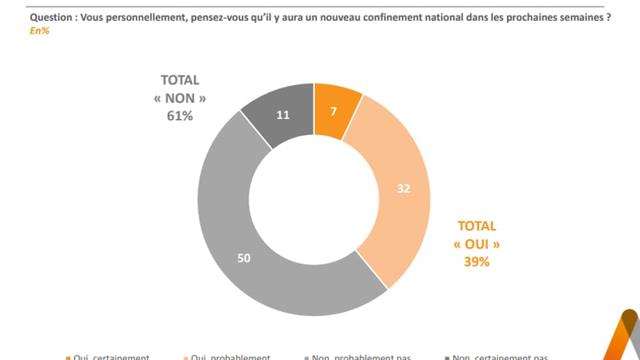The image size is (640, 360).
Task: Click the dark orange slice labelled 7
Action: click(x=336, y=110)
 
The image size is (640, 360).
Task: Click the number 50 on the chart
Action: click(x=244, y=258)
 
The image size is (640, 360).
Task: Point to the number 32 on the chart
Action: click(x=403, y=188)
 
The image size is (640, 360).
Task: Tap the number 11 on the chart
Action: click(x=283, y=116)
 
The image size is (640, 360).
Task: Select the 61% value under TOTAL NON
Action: click(x=180, y=116)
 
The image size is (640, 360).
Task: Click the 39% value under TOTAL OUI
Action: click(x=477, y=262)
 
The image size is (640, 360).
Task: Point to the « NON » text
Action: click(x=180, y=98)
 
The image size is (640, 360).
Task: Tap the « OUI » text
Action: click(x=477, y=244)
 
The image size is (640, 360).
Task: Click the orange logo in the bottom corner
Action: click(x=621, y=338)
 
